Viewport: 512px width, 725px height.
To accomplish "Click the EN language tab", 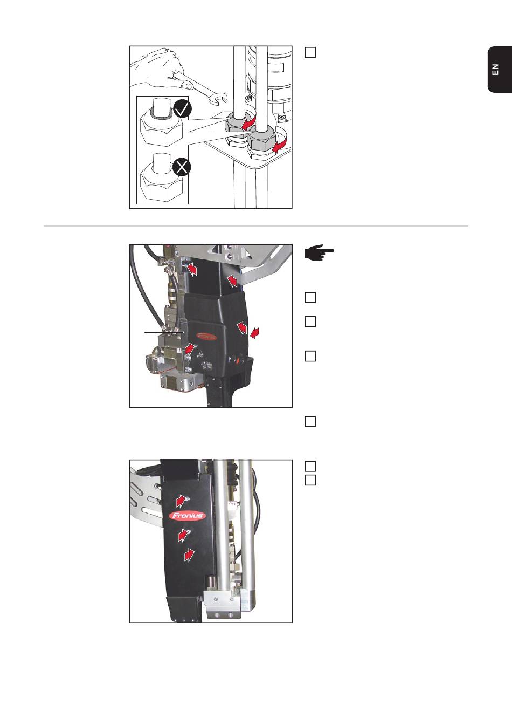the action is click(x=496, y=70).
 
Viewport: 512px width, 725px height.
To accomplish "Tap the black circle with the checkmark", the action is click(x=183, y=110).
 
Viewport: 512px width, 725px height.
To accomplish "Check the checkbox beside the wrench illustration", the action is click(x=310, y=53).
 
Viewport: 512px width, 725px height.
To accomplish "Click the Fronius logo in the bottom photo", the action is click(x=188, y=515).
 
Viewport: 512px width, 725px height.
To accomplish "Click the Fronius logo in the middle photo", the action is click(x=205, y=336).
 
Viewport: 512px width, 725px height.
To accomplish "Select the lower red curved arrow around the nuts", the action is click(x=280, y=144).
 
